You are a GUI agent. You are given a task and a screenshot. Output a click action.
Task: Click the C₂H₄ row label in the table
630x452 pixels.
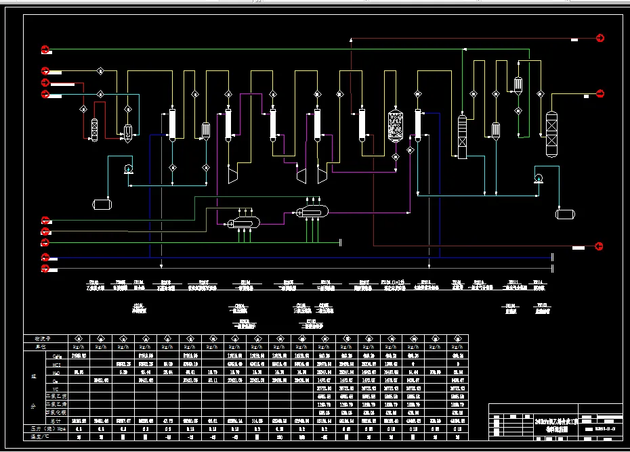tap(56, 355)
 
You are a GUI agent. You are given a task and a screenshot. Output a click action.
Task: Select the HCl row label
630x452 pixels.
tap(56, 363)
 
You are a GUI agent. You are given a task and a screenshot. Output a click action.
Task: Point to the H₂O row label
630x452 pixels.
tap(56, 371)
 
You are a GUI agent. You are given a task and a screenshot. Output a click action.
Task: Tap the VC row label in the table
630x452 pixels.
tap(56, 388)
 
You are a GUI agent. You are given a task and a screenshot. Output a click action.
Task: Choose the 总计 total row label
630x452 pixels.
tap(56, 420)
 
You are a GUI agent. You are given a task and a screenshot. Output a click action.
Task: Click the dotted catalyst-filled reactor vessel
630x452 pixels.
tap(394, 126)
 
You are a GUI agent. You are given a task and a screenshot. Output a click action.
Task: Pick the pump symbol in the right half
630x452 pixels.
tap(539, 178)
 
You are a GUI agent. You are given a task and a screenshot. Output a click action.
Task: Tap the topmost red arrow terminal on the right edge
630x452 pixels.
tap(600, 39)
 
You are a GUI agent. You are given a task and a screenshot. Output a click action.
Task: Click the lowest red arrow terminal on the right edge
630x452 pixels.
tap(600, 245)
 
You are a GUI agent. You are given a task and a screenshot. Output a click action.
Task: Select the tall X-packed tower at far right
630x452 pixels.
tap(551, 134)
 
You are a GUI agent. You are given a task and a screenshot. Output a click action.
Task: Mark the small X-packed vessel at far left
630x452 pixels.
tap(93, 129)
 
